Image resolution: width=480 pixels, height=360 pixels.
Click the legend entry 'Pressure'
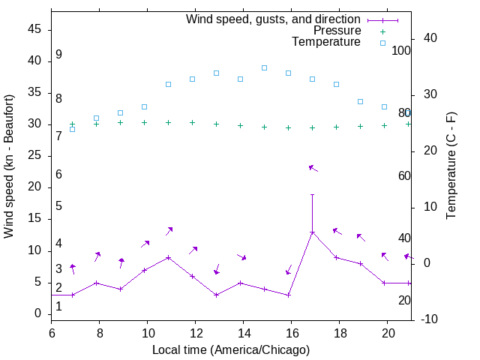337,31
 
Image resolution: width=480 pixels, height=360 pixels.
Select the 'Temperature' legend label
326,42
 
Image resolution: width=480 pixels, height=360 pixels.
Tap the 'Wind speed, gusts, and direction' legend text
274,19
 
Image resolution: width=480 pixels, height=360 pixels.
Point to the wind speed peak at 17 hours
312,232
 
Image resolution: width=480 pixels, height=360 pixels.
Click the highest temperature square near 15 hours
264,67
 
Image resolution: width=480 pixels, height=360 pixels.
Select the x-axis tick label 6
52,332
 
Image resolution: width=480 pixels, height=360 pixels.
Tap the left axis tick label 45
35,29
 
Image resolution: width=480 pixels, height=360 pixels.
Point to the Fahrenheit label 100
402,51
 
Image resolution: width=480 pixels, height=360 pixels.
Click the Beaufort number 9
58,55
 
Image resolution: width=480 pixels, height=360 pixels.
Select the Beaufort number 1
58,307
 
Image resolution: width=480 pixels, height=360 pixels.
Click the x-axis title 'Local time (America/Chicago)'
231,349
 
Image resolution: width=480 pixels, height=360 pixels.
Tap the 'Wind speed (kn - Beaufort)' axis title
9,166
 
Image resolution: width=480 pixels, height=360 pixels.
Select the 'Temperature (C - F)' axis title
451,166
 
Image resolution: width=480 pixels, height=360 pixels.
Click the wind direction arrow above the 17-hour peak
313,168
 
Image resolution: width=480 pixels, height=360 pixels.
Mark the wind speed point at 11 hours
168,257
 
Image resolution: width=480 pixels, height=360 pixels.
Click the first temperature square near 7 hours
72,129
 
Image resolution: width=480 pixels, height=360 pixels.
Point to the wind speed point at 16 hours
288,295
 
